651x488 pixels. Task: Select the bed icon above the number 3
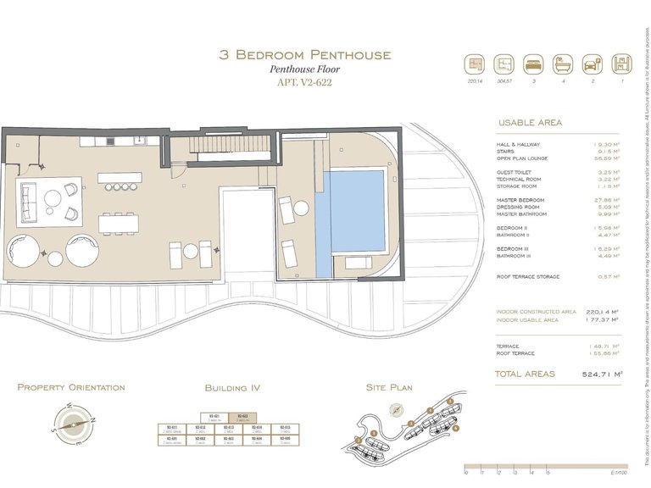click(x=532, y=64)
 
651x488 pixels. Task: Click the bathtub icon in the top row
click(x=563, y=64)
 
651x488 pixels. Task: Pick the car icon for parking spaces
click(x=592, y=64)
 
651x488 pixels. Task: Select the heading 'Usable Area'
click(x=530, y=123)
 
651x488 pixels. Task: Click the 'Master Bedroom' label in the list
click(x=520, y=200)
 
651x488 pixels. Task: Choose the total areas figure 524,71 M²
click(x=604, y=374)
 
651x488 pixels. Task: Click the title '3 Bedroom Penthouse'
click(x=305, y=55)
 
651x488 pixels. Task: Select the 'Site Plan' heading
click(x=389, y=388)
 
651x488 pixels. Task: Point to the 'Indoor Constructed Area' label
click(x=537, y=311)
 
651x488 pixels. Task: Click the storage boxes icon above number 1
click(x=621, y=64)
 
